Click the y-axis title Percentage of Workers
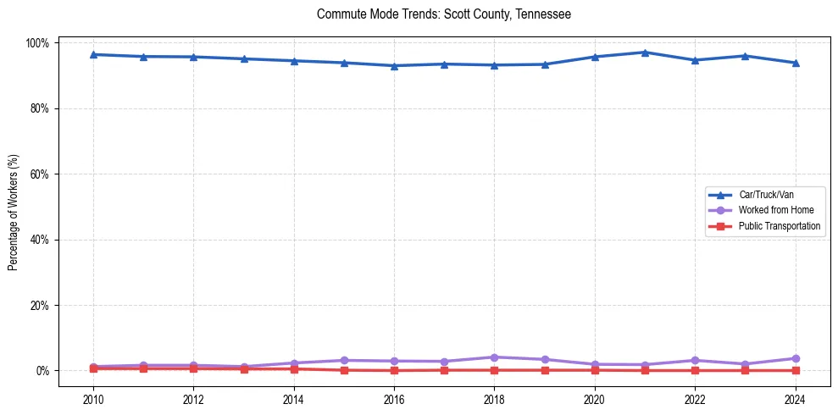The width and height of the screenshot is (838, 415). (x=14, y=206)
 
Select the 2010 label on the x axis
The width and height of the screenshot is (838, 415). (x=93, y=400)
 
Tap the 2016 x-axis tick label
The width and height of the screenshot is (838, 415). (x=394, y=400)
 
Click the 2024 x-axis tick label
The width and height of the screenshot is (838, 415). (x=795, y=400)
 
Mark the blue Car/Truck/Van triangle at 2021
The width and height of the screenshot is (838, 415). (x=645, y=53)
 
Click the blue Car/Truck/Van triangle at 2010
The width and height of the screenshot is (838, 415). (x=93, y=55)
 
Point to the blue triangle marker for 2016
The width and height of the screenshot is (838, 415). (x=394, y=66)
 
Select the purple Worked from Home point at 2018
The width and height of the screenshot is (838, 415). (x=494, y=357)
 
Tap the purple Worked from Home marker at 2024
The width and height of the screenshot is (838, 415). (x=795, y=358)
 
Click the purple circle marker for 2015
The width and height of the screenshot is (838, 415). (x=344, y=361)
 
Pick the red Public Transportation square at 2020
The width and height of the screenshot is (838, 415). (x=595, y=370)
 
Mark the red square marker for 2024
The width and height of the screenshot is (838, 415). (x=795, y=370)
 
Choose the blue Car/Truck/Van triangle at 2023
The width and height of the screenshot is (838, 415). (x=745, y=56)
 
